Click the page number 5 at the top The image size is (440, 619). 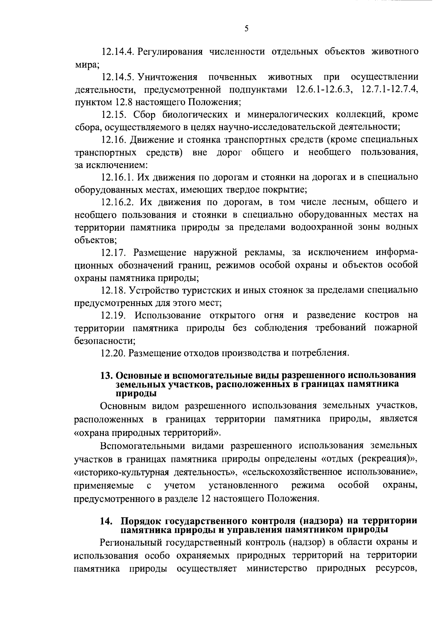tap(246, 29)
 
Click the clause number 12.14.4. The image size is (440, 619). tap(118, 51)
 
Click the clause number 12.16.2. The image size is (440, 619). tap(118, 202)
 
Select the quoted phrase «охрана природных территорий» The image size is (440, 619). tap(147, 433)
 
